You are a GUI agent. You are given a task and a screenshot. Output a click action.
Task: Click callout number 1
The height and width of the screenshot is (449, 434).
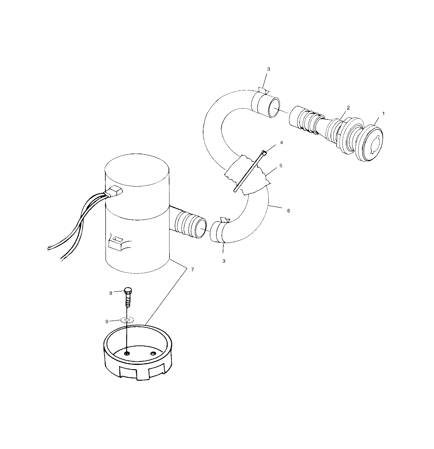tap(383, 114)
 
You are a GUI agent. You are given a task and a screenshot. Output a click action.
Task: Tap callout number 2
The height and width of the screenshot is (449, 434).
tap(348, 108)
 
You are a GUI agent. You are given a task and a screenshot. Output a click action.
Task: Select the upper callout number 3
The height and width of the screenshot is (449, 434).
tap(268, 69)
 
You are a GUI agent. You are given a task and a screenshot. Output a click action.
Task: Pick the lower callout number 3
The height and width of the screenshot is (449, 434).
tap(224, 261)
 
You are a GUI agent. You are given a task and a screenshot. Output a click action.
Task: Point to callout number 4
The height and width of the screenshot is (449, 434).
tap(281, 142)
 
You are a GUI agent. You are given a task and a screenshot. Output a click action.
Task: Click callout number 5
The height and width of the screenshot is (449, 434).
tap(281, 166)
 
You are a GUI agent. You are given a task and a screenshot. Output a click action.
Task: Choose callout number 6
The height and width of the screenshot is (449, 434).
tap(288, 211)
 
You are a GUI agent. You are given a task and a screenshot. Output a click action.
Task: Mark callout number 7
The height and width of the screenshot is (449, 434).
tap(193, 270)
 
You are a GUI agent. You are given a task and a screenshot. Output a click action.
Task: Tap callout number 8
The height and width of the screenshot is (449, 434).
tap(111, 293)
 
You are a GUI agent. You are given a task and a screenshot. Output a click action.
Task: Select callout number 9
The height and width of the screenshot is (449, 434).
tap(107, 322)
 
